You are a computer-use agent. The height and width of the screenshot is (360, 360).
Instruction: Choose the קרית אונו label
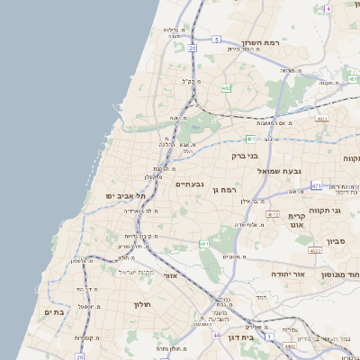tap(298, 221)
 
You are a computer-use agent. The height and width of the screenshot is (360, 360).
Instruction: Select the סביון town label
tap(337, 241)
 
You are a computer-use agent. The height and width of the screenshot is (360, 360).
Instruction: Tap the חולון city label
tap(146, 304)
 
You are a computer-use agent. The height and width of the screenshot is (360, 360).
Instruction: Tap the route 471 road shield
tap(316, 184)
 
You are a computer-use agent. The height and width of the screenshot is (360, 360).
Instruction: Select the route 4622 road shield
tap(314, 250)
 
